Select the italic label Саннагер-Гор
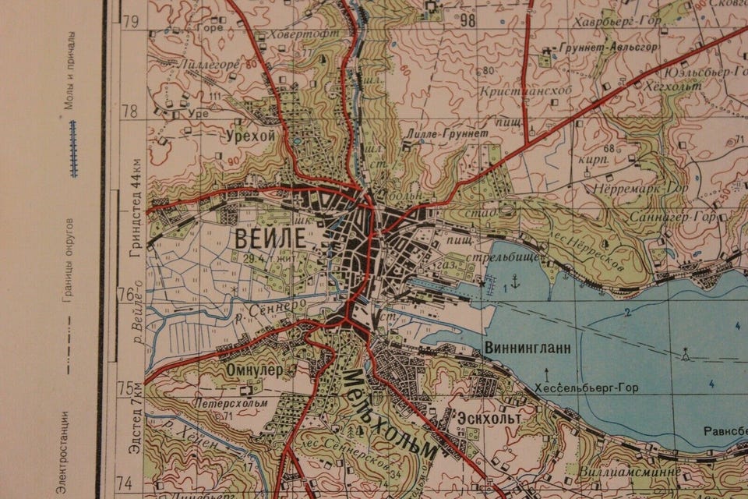coord(672,216)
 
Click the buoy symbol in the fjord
coord(686,356)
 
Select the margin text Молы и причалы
coord(70,70)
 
